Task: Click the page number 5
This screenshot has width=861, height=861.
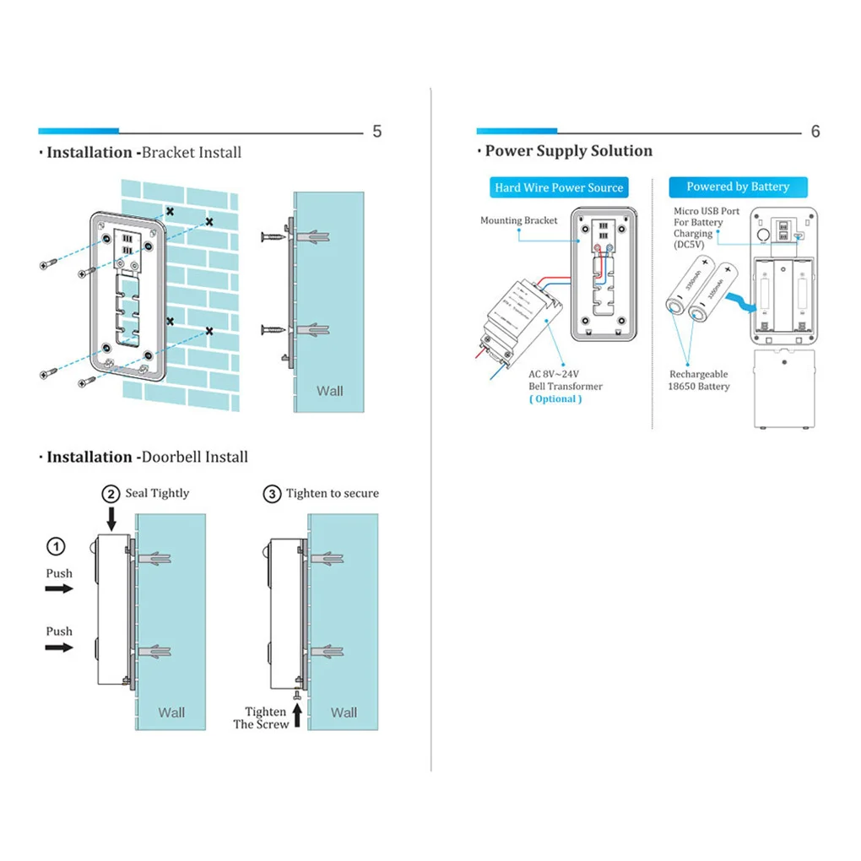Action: pyautogui.click(x=376, y=132)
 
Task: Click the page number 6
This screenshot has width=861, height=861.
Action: pyautogui.click(x=815, y=132)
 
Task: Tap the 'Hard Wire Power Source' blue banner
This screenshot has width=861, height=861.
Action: pyautogui.click(x=559, y=187)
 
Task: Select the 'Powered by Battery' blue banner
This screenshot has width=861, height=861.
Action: pyautogui.click(x=738, y=187)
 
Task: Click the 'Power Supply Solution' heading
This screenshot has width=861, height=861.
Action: pyautogui.click(x=568, y=151)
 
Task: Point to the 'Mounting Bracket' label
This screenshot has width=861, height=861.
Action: pyautogui.click(x=519, y=220)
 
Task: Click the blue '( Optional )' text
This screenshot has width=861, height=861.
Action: pyautogui.click(x=555, y=398)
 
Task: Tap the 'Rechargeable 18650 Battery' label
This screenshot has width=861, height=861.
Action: pyautogui.click(x=699, y=380)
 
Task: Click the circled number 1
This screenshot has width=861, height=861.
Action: pyautogui.click(x=55, y=547)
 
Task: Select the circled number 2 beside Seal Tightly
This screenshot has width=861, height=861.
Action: pyautogui.click(x=111, y=494)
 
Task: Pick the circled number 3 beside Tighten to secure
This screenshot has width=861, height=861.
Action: pyautogui.click(x=272, y=494)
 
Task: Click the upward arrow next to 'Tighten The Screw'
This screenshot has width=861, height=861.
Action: pyautogui.click(x=297, y=716)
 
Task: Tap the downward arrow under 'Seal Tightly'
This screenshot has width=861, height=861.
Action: pyautogui.click(x=111, y=517)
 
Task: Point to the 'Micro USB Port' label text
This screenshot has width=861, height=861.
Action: pyautogui.click(x=707, y=211)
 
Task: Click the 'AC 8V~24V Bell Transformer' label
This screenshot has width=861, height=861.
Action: pyautogui.click(x=566, y=380)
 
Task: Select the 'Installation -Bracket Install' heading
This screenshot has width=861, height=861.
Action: pyautogui.click(x=143, y=153)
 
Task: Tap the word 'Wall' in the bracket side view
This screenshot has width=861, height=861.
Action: pyautogui.click(x=329, y=390)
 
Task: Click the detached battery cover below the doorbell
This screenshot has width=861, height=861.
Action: pyautogui.click(x=786, y=388)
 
